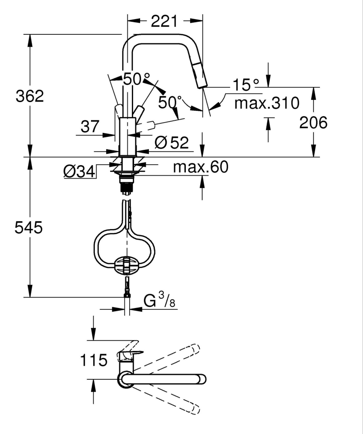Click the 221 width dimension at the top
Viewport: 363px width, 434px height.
165,20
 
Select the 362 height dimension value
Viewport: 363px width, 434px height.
30,96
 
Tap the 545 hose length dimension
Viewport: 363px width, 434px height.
30,227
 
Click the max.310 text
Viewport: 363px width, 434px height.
266,103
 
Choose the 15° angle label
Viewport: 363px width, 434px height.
245,85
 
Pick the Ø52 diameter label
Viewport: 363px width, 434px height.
171,142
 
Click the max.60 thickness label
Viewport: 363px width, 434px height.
200,167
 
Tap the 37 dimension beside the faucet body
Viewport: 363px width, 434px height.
90,127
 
